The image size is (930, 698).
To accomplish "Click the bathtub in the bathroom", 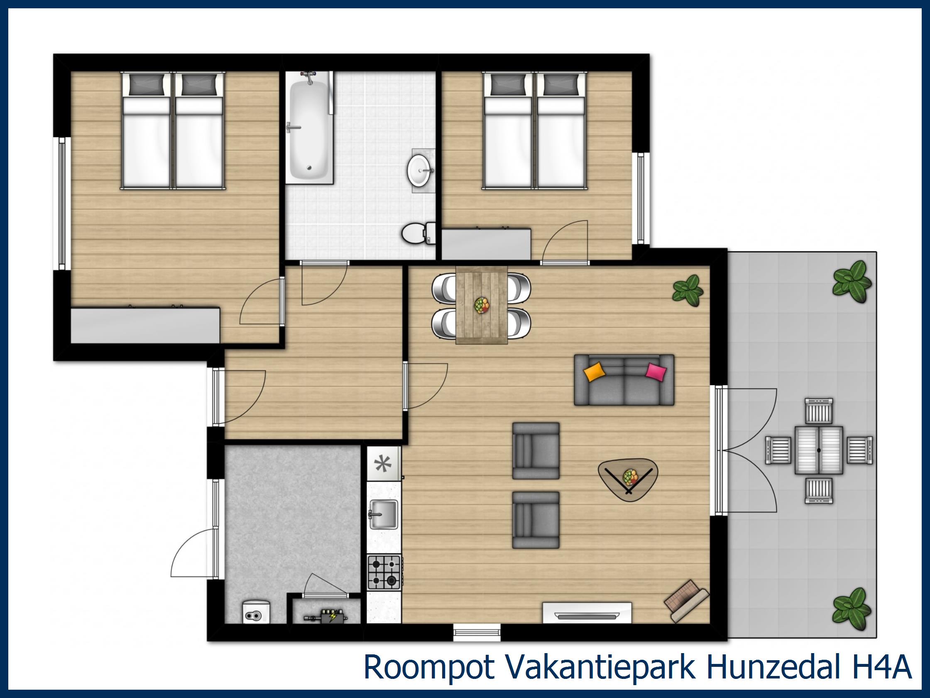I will point(309,128).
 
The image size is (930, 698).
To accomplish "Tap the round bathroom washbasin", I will point(419,170).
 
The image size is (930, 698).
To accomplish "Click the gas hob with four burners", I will point(384,572).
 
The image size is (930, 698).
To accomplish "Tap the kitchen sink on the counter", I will point(383,514).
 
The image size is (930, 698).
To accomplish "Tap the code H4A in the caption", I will point(885,666).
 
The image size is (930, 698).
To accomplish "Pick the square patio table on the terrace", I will point(819,450).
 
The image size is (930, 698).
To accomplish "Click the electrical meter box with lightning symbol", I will point(327,617).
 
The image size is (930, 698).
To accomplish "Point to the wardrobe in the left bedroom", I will point(145,326).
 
